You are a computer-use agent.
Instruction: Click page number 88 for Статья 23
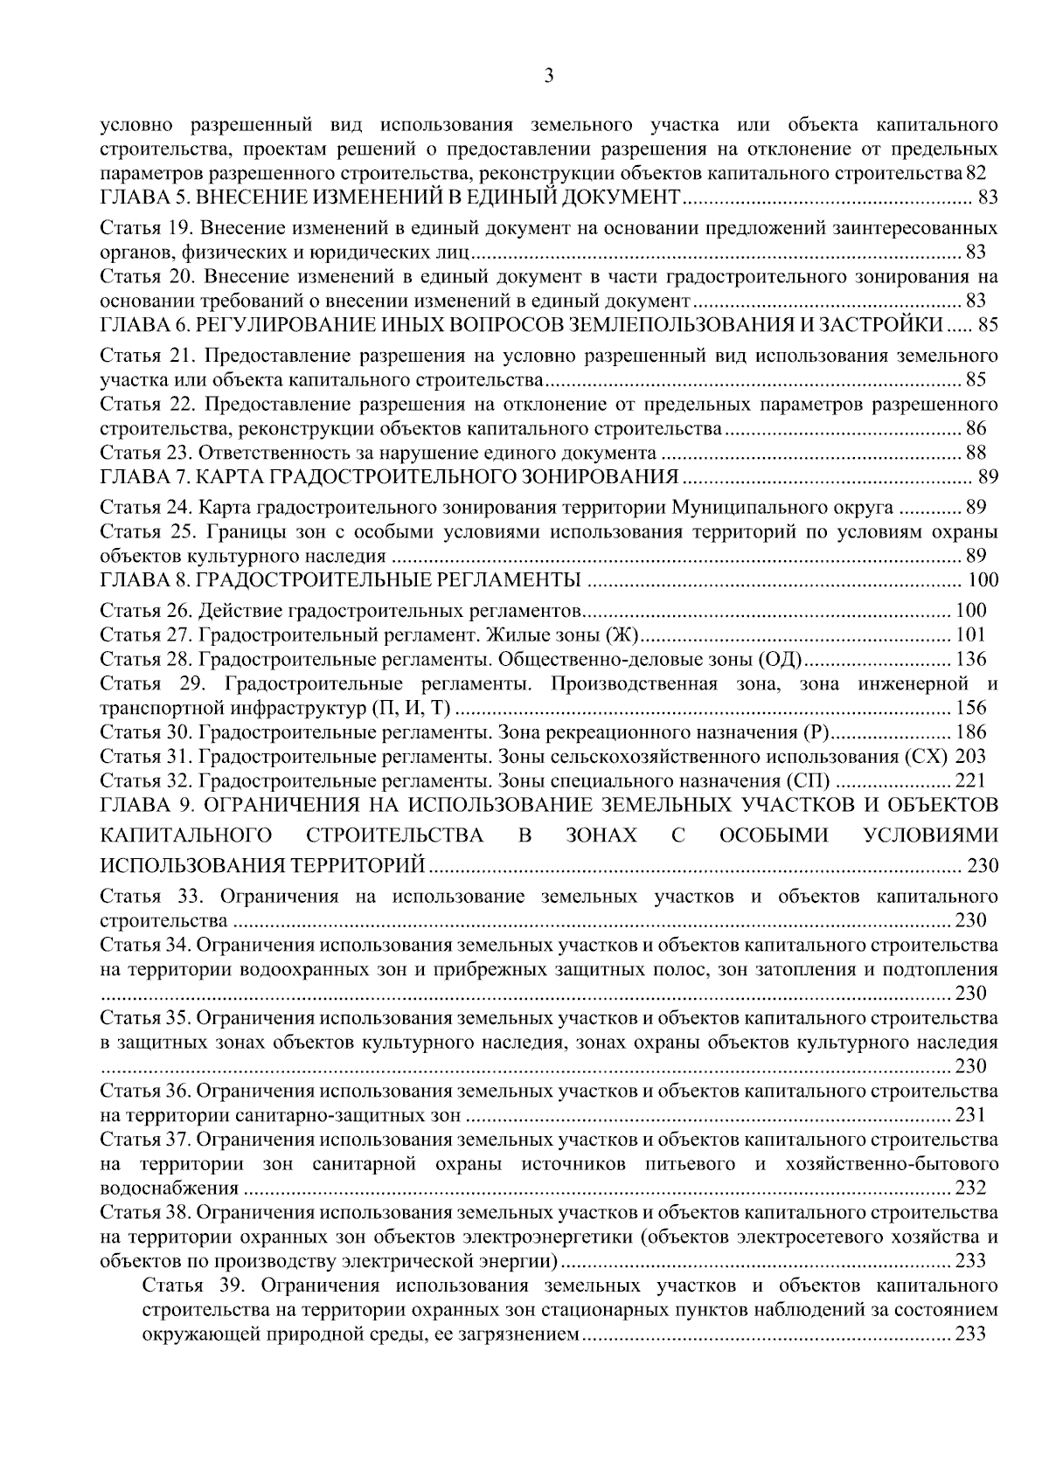coord(976,453)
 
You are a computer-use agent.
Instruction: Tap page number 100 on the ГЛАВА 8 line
coord(983,580)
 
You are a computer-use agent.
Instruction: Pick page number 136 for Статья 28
coord(970,659)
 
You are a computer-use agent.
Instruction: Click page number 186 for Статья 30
coord(970,732)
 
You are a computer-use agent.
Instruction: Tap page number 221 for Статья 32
coord(970,780)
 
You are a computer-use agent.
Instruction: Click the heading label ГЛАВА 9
coord(140,805)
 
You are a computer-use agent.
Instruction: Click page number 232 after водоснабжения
coord(970,1188)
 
